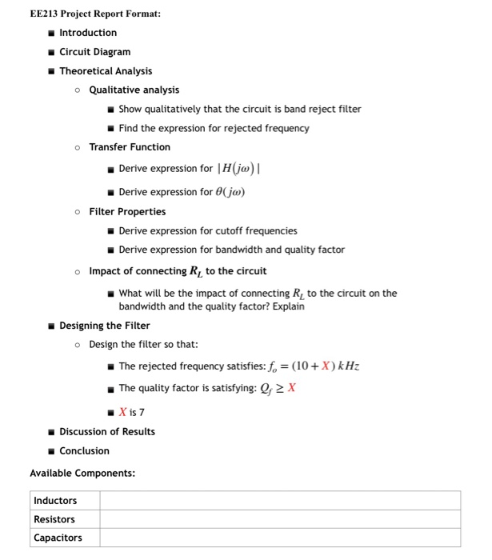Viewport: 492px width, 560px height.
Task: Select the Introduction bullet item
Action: (x=88, y=33)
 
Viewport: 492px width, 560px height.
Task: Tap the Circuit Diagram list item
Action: (x=94, y=52)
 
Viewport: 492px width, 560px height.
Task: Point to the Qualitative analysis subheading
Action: (x=134, y=90)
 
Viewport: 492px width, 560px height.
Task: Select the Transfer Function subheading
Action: (x=130, y=147)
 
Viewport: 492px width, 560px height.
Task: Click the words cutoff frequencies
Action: (x=254, y=230)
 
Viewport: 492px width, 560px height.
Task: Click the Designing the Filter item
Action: (x=105, y=326)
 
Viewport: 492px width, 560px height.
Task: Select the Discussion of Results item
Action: (x=107, y=432)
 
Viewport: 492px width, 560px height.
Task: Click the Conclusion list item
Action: (x=84, y=451)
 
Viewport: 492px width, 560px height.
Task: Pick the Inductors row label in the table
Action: (x=55, y=501)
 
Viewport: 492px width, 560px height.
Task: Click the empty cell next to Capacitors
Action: (x=280, y=538)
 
